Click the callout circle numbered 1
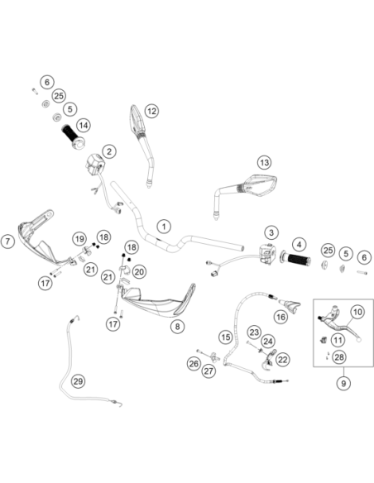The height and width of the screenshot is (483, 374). tap(164, 227)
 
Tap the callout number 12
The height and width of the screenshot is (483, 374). tap(151, 111)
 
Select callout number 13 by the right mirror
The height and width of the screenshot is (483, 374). tap(265, 162)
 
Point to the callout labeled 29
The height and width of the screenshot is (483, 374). tap(79, 381)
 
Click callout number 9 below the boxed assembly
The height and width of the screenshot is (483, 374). tap(343, 384)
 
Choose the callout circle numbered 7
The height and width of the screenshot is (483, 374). tap(7, 241)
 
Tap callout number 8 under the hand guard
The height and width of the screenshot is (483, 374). tap(177, 326)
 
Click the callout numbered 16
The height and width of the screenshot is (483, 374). tap(280, 317)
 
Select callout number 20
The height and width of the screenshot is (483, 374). tap(139, 271)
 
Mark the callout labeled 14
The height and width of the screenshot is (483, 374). tap(84, 126)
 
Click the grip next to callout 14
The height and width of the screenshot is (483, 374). tap(74, 137)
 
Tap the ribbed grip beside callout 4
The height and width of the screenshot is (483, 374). tap(295, 260)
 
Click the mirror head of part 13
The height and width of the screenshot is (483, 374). tap(260, 185)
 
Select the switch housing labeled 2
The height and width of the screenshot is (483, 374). tap(95, 164)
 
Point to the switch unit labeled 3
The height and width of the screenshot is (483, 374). tap(267, 253)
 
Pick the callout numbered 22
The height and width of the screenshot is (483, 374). tap(282, 360)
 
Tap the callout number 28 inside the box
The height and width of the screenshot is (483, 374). tap(339, 357)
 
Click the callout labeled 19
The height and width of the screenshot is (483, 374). tap(79, 239)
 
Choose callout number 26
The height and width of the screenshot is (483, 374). tap(194, 364)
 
